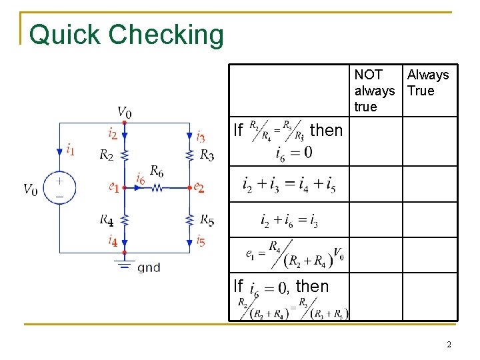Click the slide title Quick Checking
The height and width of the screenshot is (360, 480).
pos(127,35)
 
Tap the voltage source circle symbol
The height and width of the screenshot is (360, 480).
pos(59,187)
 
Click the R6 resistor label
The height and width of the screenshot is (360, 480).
pos(157,171)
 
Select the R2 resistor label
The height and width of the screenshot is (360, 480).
pos(106,155)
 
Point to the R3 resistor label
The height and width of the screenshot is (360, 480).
pos(207,155)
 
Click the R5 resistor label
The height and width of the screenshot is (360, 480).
pos(207,220)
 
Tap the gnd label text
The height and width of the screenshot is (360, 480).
pos(149,268)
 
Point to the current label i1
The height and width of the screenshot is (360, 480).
pos(70,149)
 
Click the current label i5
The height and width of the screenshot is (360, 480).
pos(201,241)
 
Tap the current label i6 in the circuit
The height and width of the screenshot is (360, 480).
pos(140,178)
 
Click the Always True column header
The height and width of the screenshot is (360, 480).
pos(428,83)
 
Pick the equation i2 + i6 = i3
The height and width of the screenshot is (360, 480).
pos(289,221)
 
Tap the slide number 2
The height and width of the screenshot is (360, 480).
pos(449,345)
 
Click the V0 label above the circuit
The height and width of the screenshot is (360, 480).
pos(125,111)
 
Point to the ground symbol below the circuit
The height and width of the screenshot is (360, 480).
pos(125,264)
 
